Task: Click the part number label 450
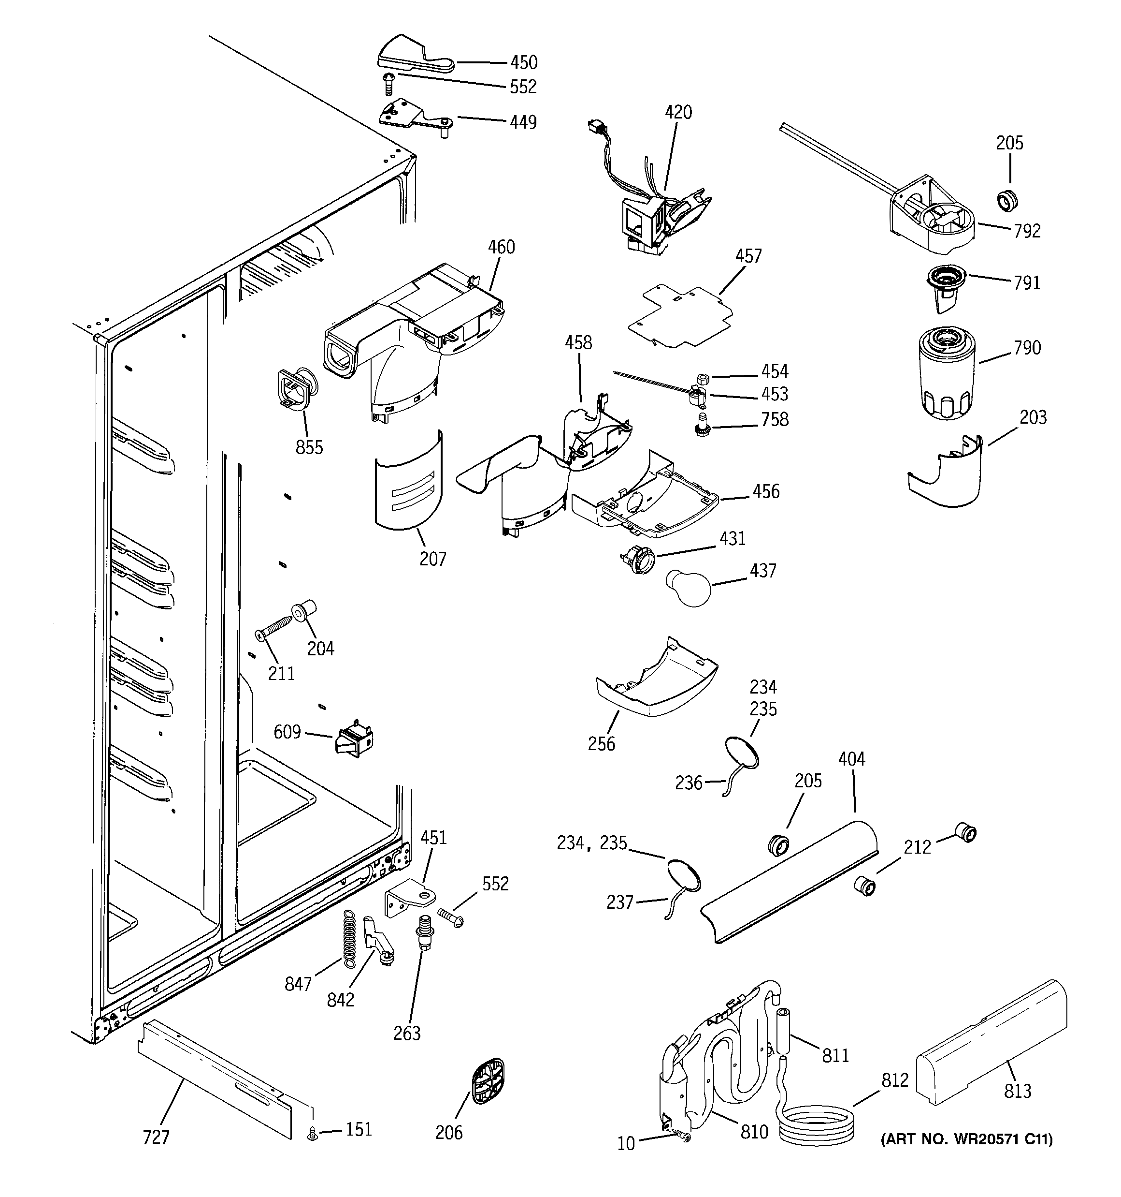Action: [523, 62]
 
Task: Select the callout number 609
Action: [287, 732]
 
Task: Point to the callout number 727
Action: [156, 1138]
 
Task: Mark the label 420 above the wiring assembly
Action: [678, 113]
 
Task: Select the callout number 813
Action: [1017, 1091]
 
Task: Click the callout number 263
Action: [407, 1033]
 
